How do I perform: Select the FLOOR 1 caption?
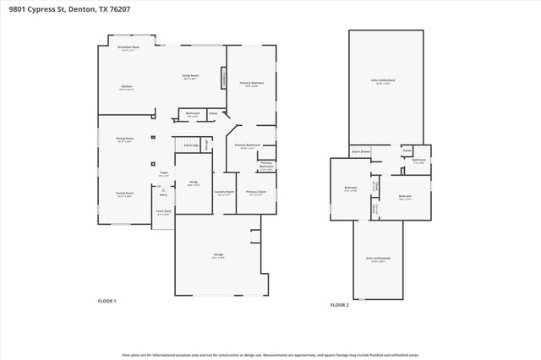[x=107, y=301]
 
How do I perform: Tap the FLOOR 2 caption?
[x=339, y=304]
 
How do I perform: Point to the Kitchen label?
[x=126, y=87]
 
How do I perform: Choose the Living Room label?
[x=191, y=76]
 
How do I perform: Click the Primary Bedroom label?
[x=252, y=84]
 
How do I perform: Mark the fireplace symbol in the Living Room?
[x=224, y=77]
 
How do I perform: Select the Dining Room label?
[x=125, y=140]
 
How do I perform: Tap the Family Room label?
[x=125, y=194]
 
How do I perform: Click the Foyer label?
[x=164, y=174]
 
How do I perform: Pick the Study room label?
[x=194, y=183]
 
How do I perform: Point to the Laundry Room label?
[x=224, y=193]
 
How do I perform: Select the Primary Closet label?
[x=256, y=193]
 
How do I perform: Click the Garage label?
[x=217, y=254]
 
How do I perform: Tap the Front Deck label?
[x=163, y=212]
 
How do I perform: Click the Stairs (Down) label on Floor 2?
[x=361, y=153]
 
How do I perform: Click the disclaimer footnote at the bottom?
[x=270, y=355]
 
